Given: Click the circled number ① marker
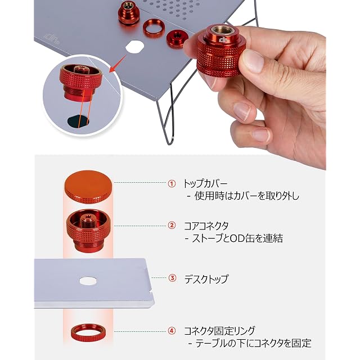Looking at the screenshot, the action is (172, 184).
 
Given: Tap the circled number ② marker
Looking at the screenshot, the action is (172, 226).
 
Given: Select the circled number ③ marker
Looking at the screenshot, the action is (172, 278).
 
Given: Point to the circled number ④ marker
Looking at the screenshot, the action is (172, 331).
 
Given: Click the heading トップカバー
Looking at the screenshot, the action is (205, 184).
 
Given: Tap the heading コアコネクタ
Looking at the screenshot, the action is (206, 226).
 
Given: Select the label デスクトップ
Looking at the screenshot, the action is (206, 278).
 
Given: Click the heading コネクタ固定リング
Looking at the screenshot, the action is (219, 331).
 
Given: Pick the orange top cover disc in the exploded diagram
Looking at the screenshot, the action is (88, 187).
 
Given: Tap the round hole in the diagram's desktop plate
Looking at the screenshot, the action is (88, 281).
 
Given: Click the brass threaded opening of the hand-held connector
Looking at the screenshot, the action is (222, 30).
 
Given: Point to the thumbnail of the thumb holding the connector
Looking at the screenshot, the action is (253, 61).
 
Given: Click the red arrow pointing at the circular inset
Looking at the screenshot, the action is (118, 63).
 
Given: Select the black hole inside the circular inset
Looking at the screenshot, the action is (78, 121).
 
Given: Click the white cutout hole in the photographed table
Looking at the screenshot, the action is (135, 47).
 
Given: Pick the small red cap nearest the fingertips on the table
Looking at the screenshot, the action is (176, 39).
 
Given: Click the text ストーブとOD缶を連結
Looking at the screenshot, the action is (234, 238).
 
